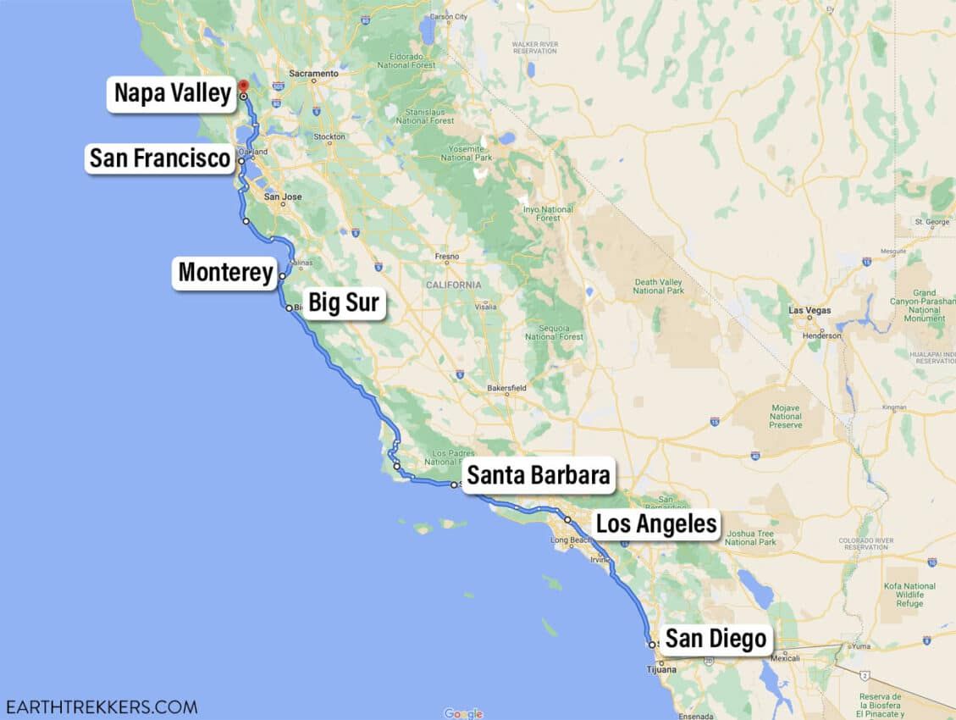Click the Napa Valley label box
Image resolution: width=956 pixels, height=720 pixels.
coord(173,93)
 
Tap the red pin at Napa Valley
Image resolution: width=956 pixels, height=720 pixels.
coord(243,86)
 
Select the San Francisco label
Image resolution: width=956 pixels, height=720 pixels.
coord(160,158)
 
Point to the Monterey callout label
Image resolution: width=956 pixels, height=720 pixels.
coord(225,274)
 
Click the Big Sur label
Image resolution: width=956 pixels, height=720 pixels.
coord(343,302)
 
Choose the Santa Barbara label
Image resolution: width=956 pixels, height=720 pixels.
coord(538,475)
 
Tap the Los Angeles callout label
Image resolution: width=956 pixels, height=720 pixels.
coord(656,523)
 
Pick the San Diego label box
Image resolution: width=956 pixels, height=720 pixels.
coord(716,639)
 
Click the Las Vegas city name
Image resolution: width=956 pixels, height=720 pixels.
coord(810,311)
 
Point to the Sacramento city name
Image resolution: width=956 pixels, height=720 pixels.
coord(313,74)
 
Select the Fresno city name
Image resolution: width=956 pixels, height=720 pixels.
coord(446,257)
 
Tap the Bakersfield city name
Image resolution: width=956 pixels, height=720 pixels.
coord(506,389)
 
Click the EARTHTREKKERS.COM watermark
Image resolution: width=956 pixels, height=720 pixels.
coord(101,706)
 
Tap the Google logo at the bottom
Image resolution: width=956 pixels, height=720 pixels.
coord(463,713)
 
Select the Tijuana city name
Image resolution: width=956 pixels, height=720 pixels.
coord(661,670)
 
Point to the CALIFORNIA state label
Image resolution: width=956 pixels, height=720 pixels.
coord(453,285)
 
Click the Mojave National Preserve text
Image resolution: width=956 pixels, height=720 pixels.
coord(786,416)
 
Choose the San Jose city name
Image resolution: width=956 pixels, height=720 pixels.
coord(282,197)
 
